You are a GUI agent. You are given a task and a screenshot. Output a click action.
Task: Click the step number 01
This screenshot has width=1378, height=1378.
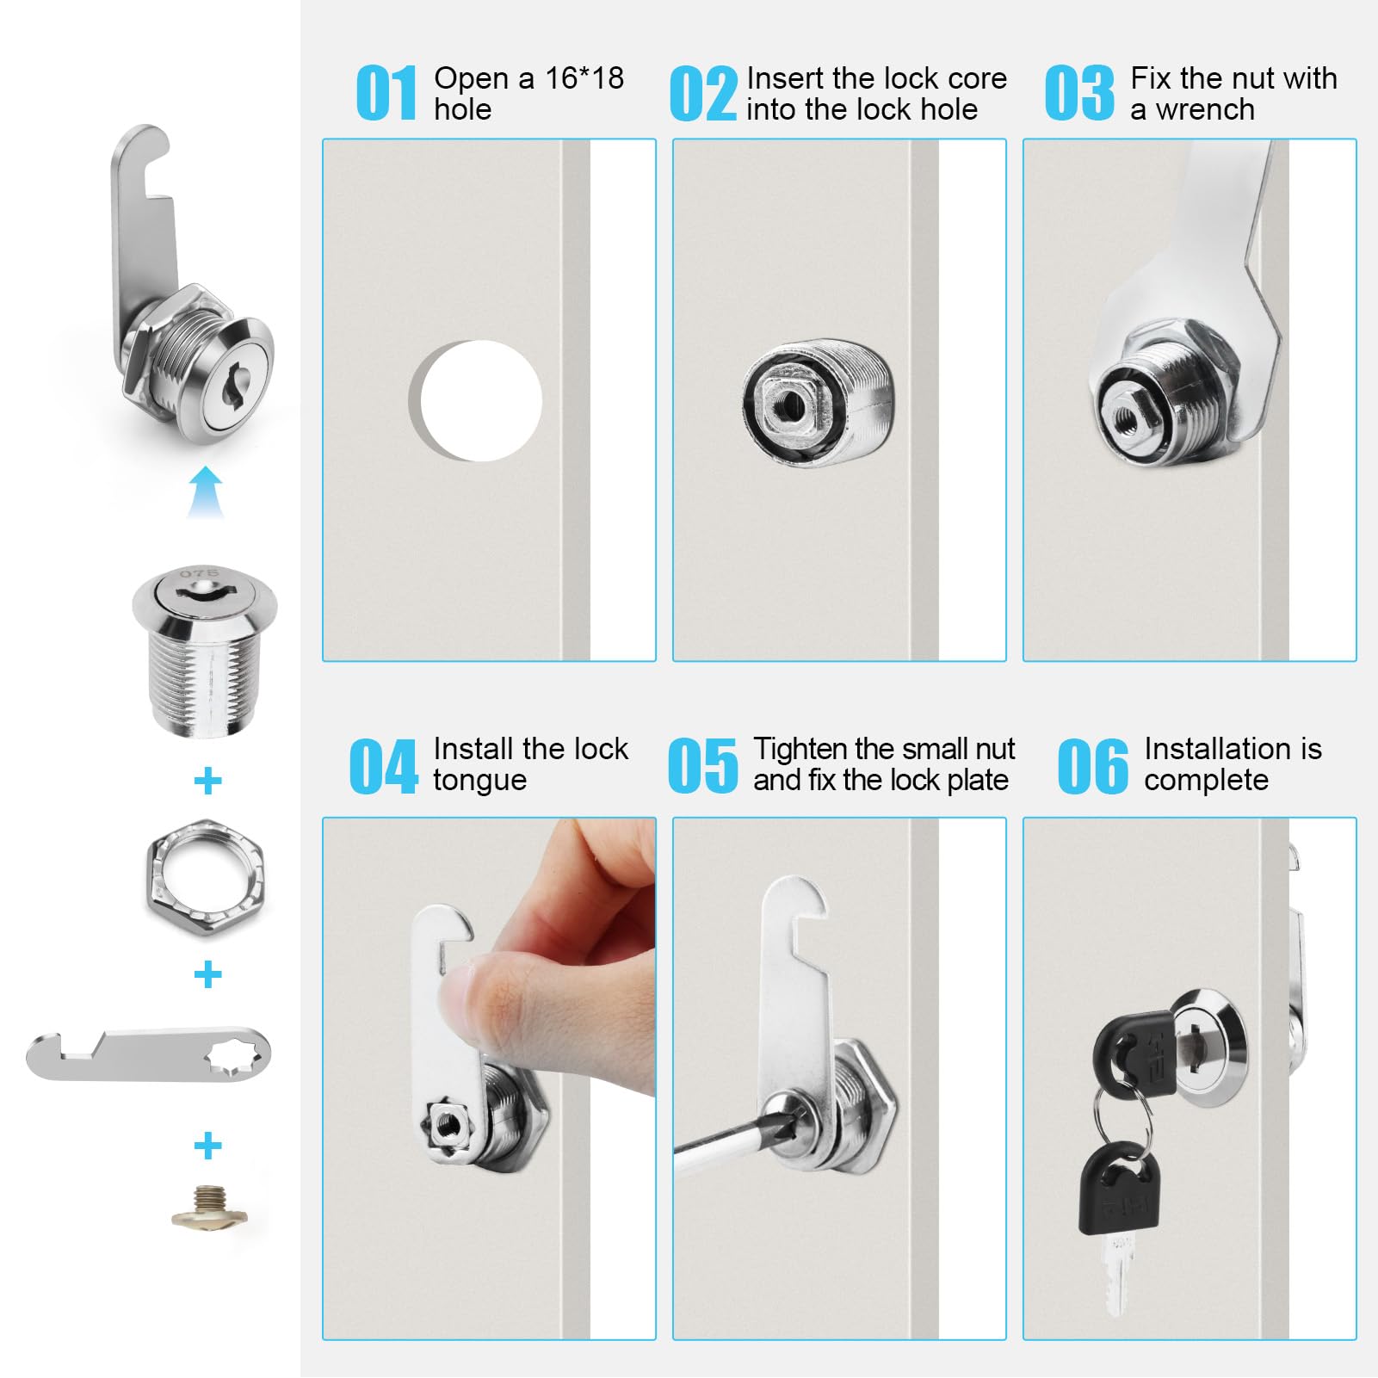[x=386, y=93]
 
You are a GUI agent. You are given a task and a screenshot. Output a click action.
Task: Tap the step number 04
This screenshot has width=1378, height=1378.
[x=383, y=765]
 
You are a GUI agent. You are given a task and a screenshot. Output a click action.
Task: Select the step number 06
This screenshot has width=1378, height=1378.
[x=1092, y=765]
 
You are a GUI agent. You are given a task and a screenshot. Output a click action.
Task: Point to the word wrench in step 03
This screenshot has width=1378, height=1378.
[x=1205, y=110]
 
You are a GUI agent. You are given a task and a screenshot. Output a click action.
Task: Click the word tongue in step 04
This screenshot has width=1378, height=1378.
[x=479, y=781]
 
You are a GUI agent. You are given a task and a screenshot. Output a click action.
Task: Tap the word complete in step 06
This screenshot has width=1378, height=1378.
[x=1206, y=781]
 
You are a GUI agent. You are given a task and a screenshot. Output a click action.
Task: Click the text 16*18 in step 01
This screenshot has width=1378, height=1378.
[x=584, y=78]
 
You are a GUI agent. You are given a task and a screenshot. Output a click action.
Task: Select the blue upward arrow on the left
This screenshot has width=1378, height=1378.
[x=206, y=492]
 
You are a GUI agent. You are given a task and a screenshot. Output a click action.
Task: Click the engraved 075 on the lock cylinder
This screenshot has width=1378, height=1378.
[x=200, y=572]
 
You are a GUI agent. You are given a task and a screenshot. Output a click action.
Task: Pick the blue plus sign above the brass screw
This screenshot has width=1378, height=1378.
[x=207, y=1146]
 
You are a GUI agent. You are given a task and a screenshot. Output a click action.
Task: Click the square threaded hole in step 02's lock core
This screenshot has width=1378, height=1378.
[x=786, y=405]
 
